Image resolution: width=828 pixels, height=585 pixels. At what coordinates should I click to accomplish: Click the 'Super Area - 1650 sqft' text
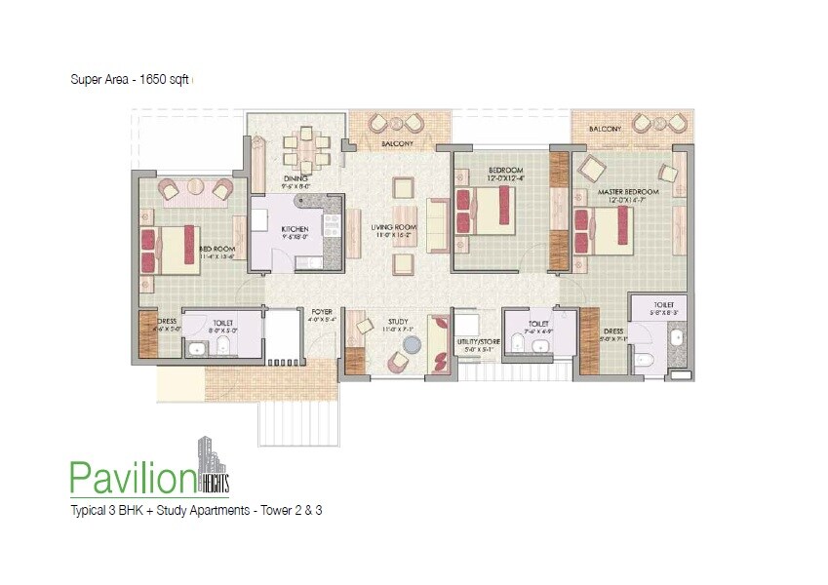point(129,80)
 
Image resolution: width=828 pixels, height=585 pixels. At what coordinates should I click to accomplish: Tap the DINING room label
point(296,178)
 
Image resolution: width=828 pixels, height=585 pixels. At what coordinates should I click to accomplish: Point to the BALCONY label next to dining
point(397,144)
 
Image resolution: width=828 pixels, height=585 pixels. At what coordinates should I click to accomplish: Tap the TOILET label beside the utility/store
point(538,323)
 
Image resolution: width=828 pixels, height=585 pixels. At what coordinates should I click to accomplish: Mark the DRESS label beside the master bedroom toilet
point(613,331)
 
